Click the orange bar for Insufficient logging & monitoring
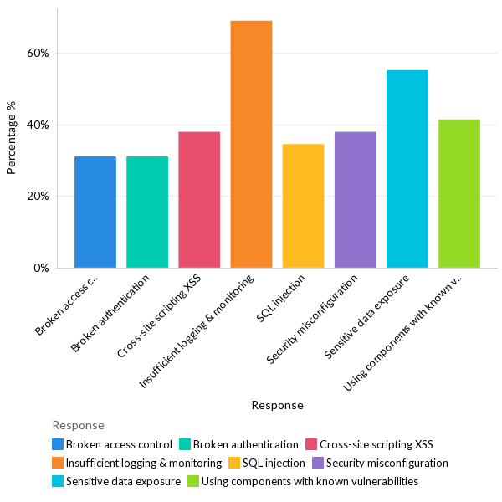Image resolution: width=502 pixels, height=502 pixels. (251, 144)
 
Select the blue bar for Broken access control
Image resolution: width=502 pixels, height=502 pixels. (95, 212)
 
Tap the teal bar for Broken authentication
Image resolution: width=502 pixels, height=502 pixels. (147, 212)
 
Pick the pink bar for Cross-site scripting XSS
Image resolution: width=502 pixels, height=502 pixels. (199, 199)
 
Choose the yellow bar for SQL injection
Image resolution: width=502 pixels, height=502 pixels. (303, 206)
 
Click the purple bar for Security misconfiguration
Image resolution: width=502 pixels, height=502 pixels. (355, 199)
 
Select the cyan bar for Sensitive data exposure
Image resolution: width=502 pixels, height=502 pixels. (407, 168)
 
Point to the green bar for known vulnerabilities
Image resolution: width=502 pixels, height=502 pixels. (459, 193)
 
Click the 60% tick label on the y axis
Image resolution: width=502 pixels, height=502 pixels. (38, 53)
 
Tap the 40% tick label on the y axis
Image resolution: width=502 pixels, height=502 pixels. (38, 125)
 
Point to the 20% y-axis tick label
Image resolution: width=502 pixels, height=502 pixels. (38, 197)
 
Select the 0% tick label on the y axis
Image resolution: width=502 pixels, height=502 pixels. (42, 269)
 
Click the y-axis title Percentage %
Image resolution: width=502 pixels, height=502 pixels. (12, 138)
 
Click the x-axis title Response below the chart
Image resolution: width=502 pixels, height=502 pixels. (277, 405)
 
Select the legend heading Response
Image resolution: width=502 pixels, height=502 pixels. (78, 425)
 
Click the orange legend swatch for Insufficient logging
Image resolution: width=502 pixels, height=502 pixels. (58, 463)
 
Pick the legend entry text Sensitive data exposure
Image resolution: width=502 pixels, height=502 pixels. (123, 481)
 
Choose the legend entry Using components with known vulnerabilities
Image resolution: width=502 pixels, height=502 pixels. (310, 481)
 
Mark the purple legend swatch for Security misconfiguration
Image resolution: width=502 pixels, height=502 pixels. (318, 463)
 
